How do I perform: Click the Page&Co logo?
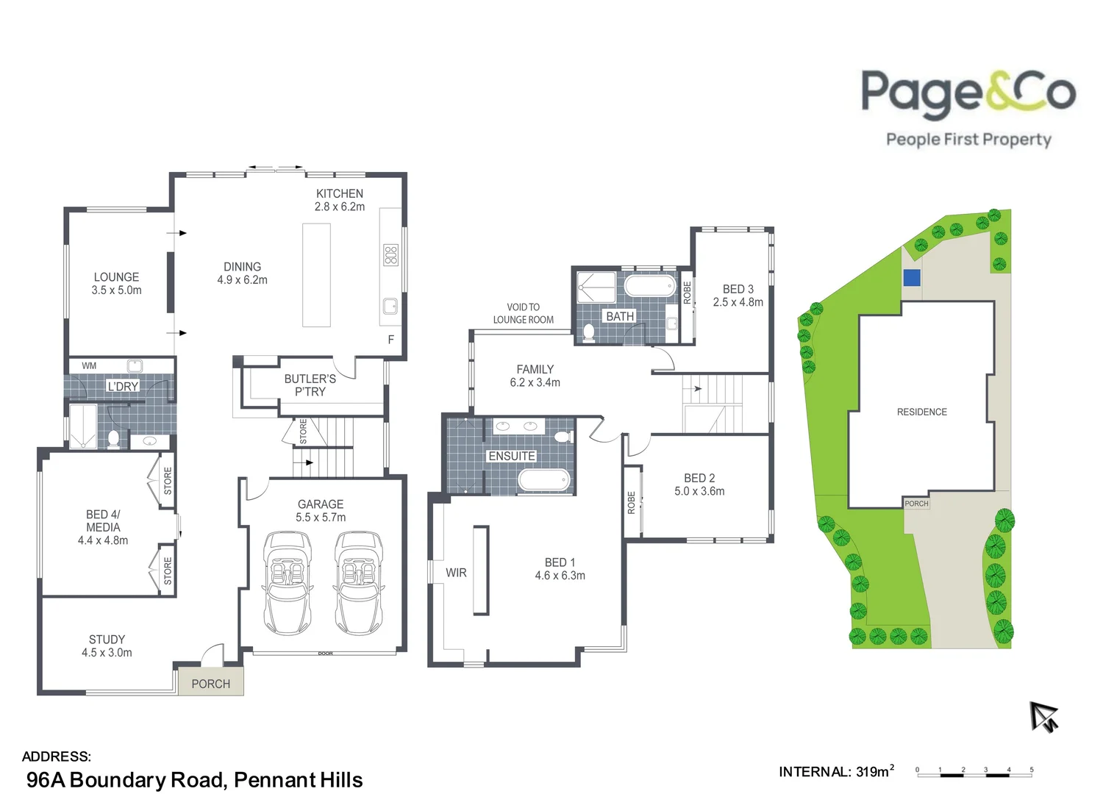pyautogui.click(x=968, y=107)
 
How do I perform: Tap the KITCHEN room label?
pyautogui.click(x=339, y=193)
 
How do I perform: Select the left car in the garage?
pyautogui.click(x=288, y=583)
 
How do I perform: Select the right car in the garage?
pyautogui.click(x=359, y=583)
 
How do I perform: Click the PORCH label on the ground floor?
pyautogui.click(x=210, y=684)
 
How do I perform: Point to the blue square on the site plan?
pyautogui.click(x=912, y=278)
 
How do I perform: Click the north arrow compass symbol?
pyautogui.click(x=1043, y=716)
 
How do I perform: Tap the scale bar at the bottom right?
pyautogui.click(x=974, y=772)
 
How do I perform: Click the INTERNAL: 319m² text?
pyautogui.click(x=836, y=771)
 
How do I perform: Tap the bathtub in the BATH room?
pyautogui.click(x=650, y=286)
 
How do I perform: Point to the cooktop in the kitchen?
pyautogui.click(x=390, y=255)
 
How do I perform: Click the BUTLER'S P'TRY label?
pyautogui.click(x=310, y=385)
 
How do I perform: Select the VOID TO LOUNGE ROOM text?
pyautogui.click(x=523, y=313)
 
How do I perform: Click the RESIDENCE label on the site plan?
pyautogui.click(x=921, y=412)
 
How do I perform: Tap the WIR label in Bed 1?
pyautogui.click(x=456, y=573)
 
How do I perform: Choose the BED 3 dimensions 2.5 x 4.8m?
pyautogui.click(x=738, y=302)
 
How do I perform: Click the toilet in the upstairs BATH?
pyautogui.click(x=588, y=333)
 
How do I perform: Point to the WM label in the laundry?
pyautogui.click(x=89, y=365)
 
